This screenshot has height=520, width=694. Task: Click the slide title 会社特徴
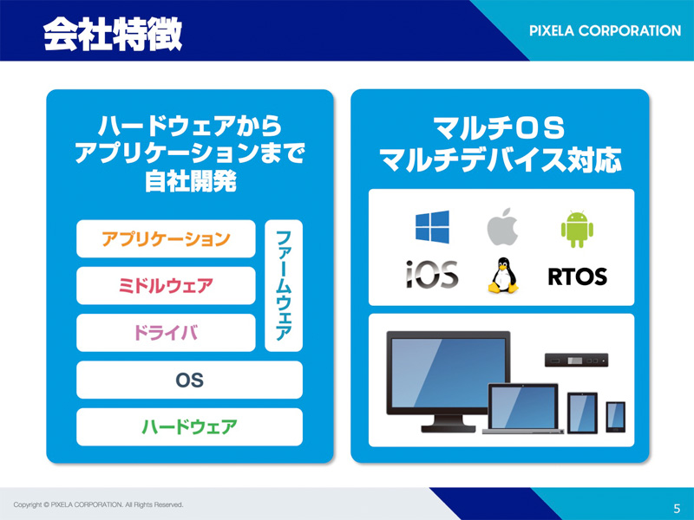pos(113,34)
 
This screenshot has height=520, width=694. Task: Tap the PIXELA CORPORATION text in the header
pos(605,30)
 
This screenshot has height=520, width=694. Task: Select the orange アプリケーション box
pos(166,239)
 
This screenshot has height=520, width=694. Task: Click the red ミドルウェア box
pos(166,286)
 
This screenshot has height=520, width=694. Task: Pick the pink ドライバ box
pos(166,333)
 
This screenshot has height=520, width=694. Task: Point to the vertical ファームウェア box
pos(284,286)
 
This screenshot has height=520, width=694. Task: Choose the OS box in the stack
pos(189,380)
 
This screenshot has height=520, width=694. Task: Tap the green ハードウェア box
pos(189,426)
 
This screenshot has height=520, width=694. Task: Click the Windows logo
pos(432,227)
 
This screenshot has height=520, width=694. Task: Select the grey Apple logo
pos(503,226)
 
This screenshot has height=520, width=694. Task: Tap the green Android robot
pos(577,229)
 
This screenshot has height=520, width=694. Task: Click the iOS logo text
pos(432,274)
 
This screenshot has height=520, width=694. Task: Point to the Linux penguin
pos(503,275)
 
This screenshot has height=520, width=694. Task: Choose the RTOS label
pos(577,276)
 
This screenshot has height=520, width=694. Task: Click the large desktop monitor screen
pos(448,373)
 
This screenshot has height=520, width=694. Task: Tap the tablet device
pos(582,413)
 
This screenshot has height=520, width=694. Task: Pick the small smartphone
pos(616,417)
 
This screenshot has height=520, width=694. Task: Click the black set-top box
pos(576,361)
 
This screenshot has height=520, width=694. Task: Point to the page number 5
pos(677,508)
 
